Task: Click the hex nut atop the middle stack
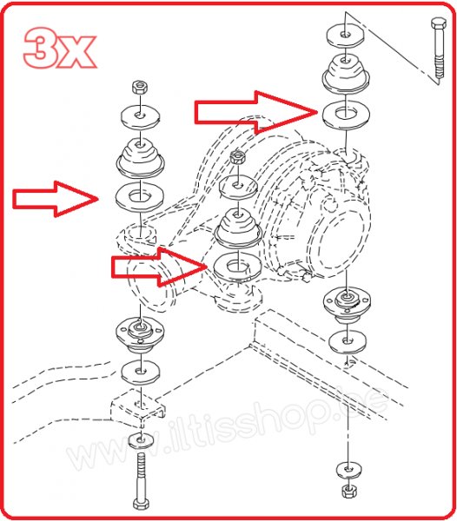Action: coord(237,159)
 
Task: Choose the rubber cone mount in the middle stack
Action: coord(237,228)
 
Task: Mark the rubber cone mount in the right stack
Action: coord(346,73)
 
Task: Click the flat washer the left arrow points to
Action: coord(140,197)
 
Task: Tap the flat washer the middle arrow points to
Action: coord(237,265)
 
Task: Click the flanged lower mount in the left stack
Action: coord(140,331)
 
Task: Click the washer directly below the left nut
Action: coord(139,114)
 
